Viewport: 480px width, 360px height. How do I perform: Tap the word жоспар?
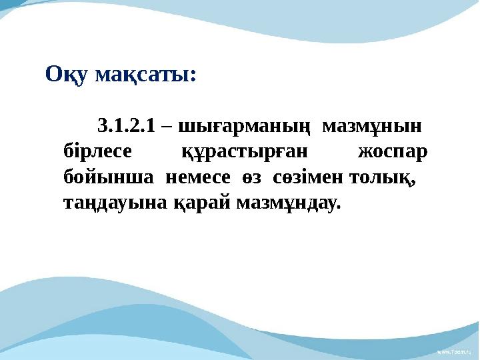tap(393, 153)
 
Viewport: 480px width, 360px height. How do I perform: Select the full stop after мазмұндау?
tap(338, 207)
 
